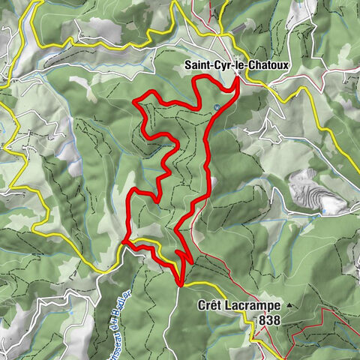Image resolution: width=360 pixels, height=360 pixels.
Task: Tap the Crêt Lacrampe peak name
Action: (238, 306)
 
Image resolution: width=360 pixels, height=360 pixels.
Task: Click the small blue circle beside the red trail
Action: (217, 107)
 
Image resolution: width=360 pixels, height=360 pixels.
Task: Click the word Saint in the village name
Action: (196, 65)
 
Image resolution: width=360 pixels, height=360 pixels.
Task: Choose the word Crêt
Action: (210, 306)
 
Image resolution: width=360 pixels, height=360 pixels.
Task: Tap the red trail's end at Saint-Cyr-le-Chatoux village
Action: (238, 79)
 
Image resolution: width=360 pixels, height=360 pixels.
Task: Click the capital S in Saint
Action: (187, 65)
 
